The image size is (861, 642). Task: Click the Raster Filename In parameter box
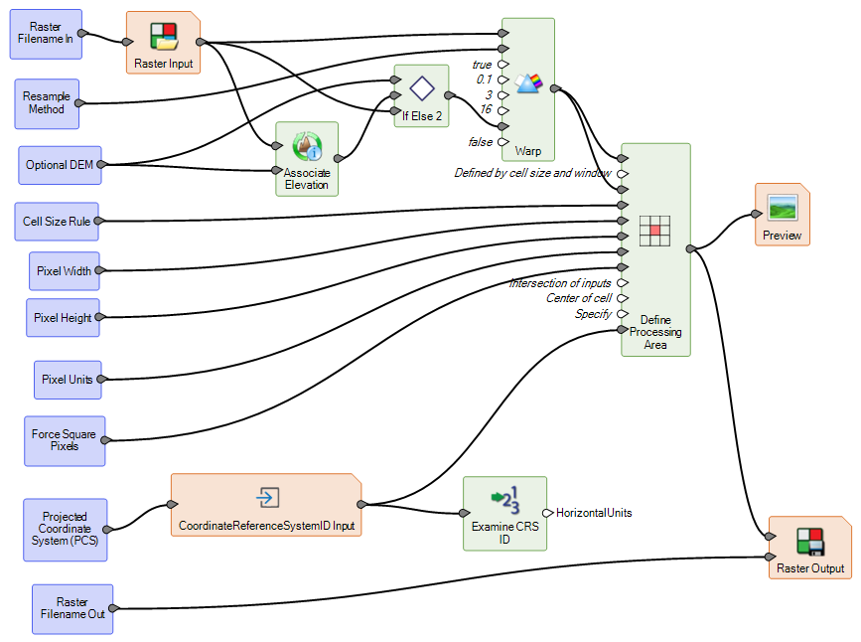click(46, 34)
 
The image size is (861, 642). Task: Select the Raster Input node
click(163, 43)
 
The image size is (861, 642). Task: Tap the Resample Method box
click(47, 103)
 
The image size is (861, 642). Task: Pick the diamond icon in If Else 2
click(423, 88)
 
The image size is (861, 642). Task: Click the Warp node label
click(527, 152)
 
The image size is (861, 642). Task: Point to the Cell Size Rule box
click(57, 221)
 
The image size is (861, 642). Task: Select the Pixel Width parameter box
click(64, 270)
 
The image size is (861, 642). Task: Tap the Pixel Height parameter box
click(63, 318)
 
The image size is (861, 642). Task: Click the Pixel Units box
click(68, 379)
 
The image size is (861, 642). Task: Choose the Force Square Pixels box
click(64, 440)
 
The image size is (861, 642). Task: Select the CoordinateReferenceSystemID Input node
click(266, 505)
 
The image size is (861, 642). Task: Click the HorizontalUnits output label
click(593, 513)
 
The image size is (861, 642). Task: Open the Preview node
click(783, 215)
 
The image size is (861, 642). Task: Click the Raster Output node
click(809, 548)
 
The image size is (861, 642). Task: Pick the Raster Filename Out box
click(72, 608)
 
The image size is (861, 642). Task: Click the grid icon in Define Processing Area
click(654, 231)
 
